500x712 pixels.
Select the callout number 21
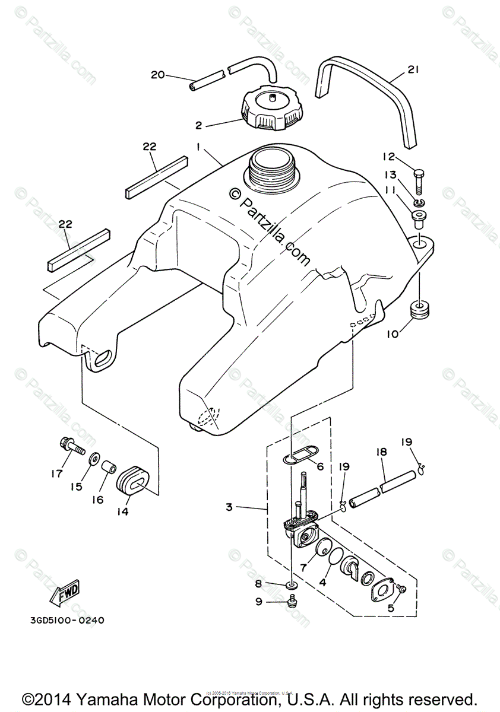[413, 70]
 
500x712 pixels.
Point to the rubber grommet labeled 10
[419, 311]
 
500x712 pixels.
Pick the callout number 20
[157, 75]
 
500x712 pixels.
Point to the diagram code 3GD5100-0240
[67, 621]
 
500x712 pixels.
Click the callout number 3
[229, 507]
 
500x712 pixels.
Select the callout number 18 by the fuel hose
[381, 452]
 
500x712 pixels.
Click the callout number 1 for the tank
[198, 145]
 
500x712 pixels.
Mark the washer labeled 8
[292, 586]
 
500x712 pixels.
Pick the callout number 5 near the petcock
[390, 608]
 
